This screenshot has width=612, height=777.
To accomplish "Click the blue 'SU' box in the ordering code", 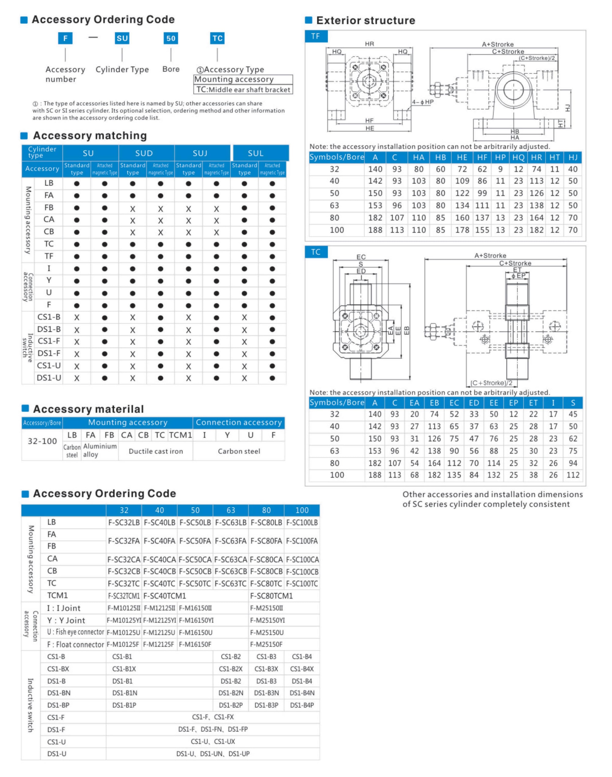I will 122,38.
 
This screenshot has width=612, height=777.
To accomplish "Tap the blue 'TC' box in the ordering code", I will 217,38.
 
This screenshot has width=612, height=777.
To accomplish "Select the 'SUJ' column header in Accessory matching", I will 200,153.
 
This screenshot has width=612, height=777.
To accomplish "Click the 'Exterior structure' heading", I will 365,20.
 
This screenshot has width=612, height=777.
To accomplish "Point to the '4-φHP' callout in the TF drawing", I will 423,102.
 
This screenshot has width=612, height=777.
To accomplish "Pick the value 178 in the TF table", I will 462,230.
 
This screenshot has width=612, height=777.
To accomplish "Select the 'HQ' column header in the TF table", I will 518,157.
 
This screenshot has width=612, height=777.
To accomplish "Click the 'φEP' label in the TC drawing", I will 518,276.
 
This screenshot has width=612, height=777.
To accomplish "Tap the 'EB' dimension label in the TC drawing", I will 406,330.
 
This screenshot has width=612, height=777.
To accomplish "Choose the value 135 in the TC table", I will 454,475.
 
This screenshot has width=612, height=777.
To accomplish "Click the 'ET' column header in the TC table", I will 533,403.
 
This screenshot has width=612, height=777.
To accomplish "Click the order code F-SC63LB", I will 231,523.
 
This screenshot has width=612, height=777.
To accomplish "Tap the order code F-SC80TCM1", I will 271,596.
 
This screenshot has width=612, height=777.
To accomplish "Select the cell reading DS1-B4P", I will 302,705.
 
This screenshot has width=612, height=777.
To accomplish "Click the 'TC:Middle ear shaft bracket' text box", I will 243,90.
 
